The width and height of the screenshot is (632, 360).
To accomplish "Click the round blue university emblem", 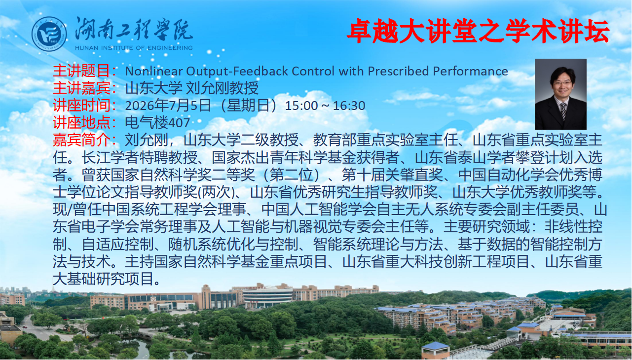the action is pyautogui.click(x=49, y=34).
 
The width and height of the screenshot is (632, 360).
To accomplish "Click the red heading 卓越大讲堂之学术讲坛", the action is pyautogui.click(x=478, y=31).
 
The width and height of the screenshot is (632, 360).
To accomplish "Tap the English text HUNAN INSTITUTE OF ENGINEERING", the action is pyautogui.click(x=134, y=48).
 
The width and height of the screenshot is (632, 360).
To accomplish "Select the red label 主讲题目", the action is pyautogui.click(x=81, y=71).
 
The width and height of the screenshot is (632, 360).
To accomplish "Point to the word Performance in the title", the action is pyautogui.click(x=470, y=71).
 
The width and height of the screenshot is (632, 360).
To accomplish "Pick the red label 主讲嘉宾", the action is pyautogui.click(x=81, y=88).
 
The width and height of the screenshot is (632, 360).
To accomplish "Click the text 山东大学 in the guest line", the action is pyautogui.click(x=153, y=88).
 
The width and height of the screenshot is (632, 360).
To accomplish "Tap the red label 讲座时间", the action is pyautogui.click(x=81, y=106).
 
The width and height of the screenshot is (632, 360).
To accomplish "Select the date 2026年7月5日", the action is pyautogui.click(x=168, y=106).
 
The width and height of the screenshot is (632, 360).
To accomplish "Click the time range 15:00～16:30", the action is pyautogui.click(x=325, y=106).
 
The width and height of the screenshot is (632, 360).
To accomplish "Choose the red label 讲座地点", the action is pyautogui.click(x=81, y=123).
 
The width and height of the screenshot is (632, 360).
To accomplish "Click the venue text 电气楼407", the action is pyautogui.click(x=157, y=123).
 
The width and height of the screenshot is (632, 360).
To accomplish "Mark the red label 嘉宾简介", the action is pyautogui.click(x=81, y=140).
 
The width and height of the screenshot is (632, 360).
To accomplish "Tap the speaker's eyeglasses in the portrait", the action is pyautogui.click(x=563, y=83).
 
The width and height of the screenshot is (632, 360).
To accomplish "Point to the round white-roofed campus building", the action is pyautogui.click(x=267, y=296).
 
